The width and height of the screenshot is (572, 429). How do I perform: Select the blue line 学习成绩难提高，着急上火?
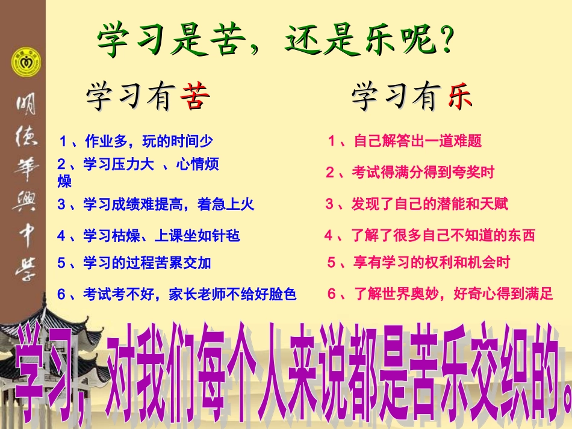[x=156, y=204]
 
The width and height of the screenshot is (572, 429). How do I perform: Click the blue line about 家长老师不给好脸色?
[x=177, y=294]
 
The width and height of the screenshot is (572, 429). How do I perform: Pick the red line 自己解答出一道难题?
[x=405, y=141]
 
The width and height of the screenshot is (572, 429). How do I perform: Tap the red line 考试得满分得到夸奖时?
[x=410, y=173]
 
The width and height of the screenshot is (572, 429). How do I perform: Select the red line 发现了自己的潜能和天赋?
[x=417, y=204]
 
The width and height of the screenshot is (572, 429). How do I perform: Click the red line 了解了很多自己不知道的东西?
[x=429, y=235]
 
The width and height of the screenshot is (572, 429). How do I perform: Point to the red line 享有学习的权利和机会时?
[x=418, y=263]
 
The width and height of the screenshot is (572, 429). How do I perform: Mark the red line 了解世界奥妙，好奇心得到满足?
[x=440, y=294]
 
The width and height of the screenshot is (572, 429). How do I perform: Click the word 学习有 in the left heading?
[x=129, y=96]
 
